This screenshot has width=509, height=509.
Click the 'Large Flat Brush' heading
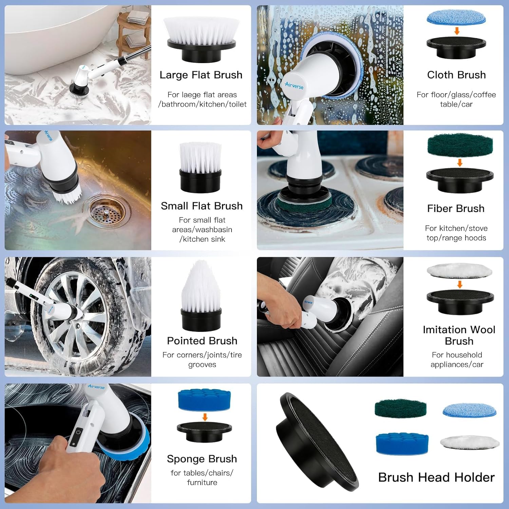[x=201, y=75]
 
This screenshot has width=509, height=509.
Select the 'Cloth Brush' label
[x=456, y=75]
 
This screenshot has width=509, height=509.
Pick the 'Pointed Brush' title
[x=202, y=341]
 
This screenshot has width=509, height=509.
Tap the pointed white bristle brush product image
[x=201, y=296]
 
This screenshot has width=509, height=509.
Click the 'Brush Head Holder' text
[x=436, y=477]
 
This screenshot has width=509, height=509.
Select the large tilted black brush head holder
[x=317, y=441]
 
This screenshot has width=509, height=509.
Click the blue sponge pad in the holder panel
[x=402, y=444]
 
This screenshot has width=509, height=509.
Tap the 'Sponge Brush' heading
[x=202, y=459]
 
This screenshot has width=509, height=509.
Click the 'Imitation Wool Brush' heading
[x=459, y=335]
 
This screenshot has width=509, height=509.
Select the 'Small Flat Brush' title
[x=202, y=206]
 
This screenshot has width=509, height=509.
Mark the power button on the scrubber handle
[x=78, y=432]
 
